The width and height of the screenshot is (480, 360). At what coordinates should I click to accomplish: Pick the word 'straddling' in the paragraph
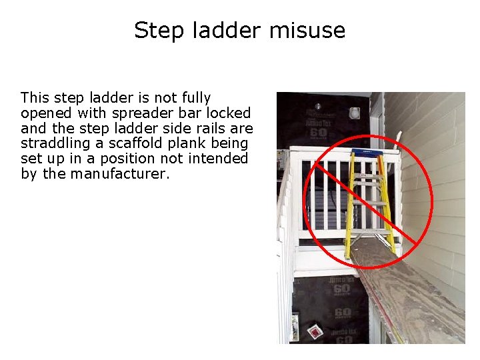(53, 143)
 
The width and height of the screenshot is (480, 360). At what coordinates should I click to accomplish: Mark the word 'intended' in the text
(221, 159)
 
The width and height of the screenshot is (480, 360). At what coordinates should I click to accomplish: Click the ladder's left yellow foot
(347, 254)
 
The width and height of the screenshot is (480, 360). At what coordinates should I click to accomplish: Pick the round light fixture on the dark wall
(319, 106)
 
